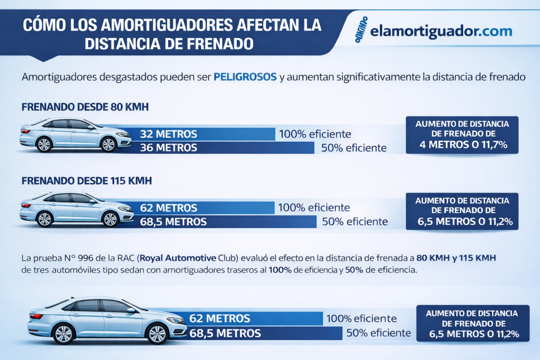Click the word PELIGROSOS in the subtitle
pos(245,77)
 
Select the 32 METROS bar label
pos(169,134)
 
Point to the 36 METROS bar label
pos(169,148)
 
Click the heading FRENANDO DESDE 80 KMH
pos(85,107)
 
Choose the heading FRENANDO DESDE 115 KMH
pos(86,181)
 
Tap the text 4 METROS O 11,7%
pos(462,144)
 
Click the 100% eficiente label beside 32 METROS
pos(315,134)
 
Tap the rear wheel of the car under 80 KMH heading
pos(44,144)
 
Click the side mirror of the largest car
pos(130,310)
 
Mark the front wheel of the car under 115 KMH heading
pos(110,219)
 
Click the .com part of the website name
pos(495,31)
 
